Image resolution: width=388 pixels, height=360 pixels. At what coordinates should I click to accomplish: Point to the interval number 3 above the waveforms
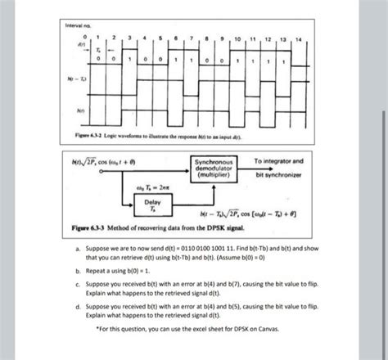tap(129, 39)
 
